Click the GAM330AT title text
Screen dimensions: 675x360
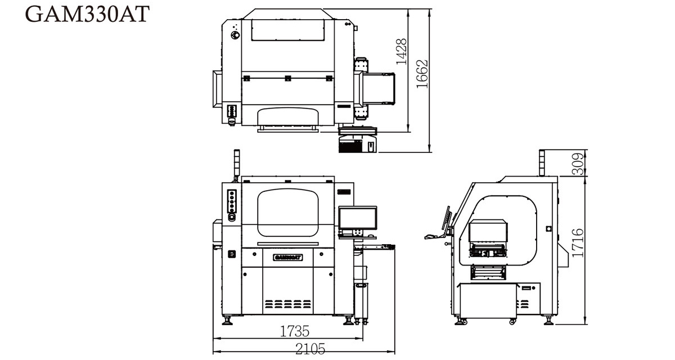pos(87,14)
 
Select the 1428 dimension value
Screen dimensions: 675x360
pos(402,52)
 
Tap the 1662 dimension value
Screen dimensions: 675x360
pos(422,74)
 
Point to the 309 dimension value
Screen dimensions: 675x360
pos(578,164)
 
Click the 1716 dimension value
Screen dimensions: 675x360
pos(578,243)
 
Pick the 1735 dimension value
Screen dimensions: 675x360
pos(295,331)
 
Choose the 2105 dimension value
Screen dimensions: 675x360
pos(310,349)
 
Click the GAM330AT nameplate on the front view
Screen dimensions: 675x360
pos(288,257)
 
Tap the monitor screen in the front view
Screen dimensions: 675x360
pos(357,218)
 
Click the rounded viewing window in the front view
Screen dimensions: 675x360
pos(288,213)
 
